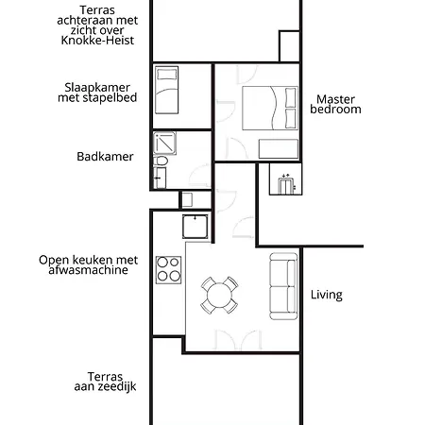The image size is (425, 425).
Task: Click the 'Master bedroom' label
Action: coord(338,104)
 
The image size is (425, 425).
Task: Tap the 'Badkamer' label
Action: coord(106,157)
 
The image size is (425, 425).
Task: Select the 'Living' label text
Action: coord(326,295)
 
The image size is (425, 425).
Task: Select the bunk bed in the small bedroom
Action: coord(166,90)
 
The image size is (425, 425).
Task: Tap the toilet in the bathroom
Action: coord(161,163)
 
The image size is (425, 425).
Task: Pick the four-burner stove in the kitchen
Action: coord(168,269)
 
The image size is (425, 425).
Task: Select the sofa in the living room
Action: coord(282,285)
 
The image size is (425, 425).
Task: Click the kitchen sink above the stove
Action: coord(195,228)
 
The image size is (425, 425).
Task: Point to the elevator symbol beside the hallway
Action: coord(283,178)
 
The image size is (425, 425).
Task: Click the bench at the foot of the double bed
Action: coord(276,148)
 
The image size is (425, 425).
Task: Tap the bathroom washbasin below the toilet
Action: coord(159,178)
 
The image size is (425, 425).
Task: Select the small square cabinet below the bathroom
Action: coord(186,200)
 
